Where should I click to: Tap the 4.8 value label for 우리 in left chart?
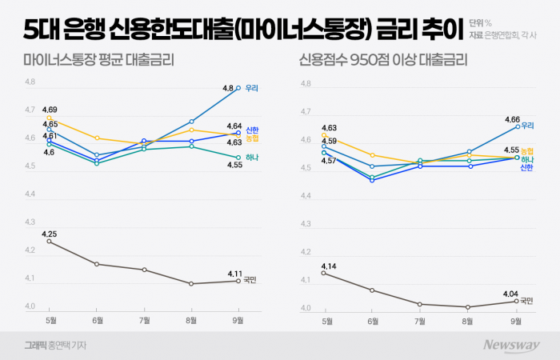coord(228,88)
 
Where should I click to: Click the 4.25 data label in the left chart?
coord(49,233)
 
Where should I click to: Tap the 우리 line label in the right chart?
coord(527,126)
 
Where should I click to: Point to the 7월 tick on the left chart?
coord(143,321)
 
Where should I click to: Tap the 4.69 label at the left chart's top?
coord(49,110)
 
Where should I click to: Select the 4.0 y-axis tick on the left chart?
coord(30,307)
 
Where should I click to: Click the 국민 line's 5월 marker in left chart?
coord(50,242)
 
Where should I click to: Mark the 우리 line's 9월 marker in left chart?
coord(238,88)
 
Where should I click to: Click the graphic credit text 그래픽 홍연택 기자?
coord(54,346)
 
